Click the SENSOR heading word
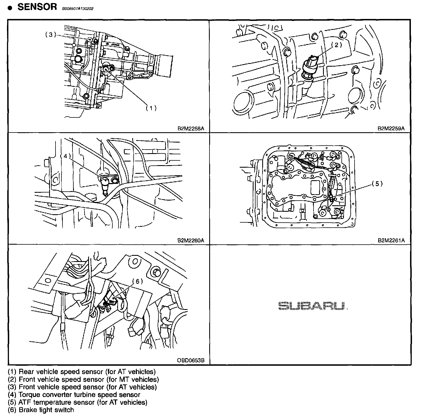tap(37, 7)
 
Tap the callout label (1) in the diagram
tap(151, 108)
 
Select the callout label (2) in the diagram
tap(336, 45)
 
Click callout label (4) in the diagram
tap(66, 156)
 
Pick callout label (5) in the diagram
tap(377, 184)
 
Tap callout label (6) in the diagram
tap(137, 281)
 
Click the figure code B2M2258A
tap(191, 129)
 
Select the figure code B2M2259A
tap(391, 129)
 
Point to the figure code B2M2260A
tap(191, 240)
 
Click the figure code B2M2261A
tap(391, 240)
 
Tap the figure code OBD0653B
tap(191, 360)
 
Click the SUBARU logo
tap(313, 306)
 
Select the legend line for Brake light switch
tap(41, 410)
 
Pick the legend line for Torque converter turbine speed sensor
tap(74, 395)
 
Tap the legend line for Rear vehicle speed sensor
tap(82, 372)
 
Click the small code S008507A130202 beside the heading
tap(80, 9)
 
